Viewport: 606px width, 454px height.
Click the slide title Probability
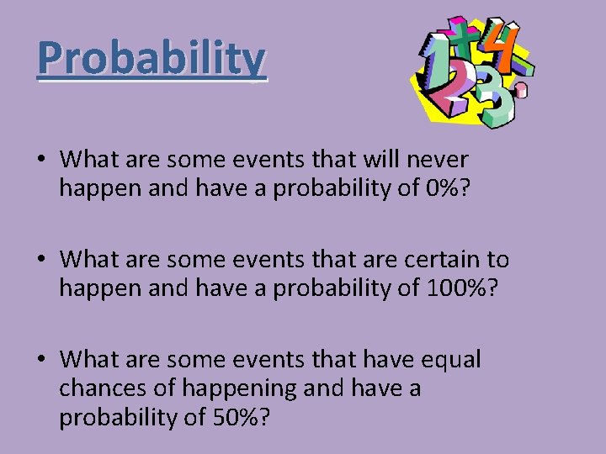[151, 58]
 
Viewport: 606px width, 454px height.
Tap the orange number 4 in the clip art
[506, 48]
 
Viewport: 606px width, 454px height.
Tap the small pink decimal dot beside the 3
[523, 87]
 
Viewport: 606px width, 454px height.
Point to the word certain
[436, 259]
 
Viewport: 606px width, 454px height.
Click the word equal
[447, 360]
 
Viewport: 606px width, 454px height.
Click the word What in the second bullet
[92, 259]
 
